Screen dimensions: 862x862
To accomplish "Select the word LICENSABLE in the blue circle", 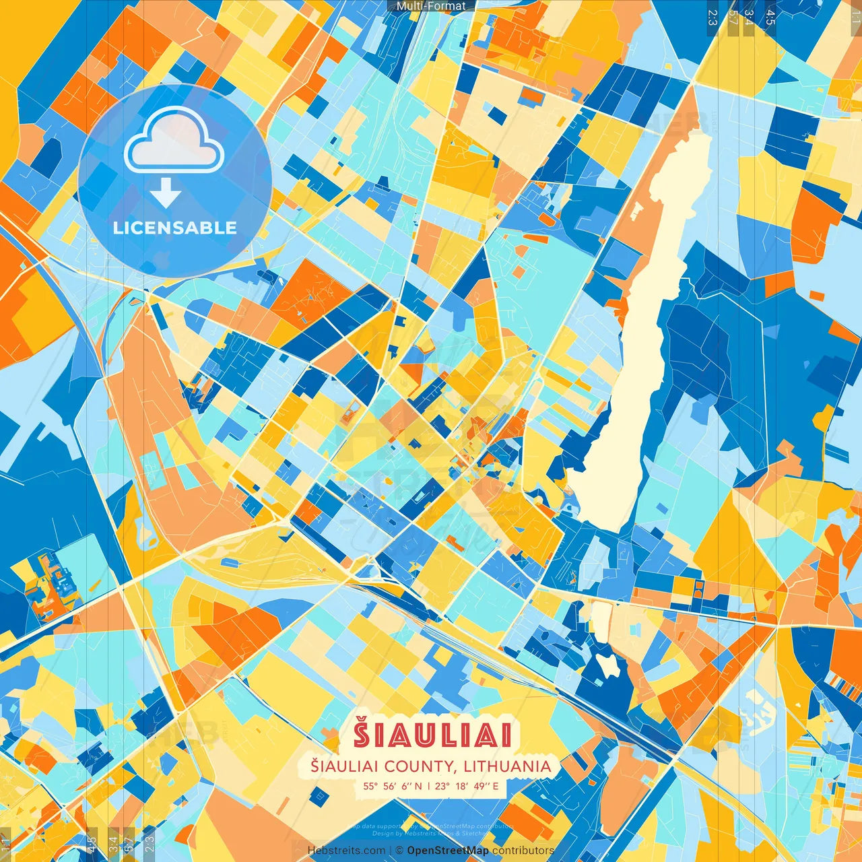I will [x=175, y=228].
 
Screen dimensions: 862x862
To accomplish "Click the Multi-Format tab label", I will [x=431, y=6].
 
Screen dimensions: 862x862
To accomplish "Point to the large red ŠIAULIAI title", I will [x=433, y=735].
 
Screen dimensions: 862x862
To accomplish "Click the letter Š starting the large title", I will [x=362, y=735].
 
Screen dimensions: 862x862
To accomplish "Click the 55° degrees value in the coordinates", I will [x=371, y=785].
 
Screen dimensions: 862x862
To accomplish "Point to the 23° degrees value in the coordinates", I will [x=442, y=785].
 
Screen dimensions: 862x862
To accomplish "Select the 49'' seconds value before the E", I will [x=480, y=785].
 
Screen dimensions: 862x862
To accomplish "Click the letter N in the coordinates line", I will [x=418, y=785].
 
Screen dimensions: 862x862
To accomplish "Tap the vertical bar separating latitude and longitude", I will [x=428, y=785].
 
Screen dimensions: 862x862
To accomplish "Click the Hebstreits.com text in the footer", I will [x=346, y=851].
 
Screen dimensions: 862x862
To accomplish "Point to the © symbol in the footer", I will [x=399, y=851].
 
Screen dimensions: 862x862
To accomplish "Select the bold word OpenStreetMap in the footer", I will [x=448, y=851].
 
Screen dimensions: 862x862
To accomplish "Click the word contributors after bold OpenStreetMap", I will [x=523, y=851].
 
